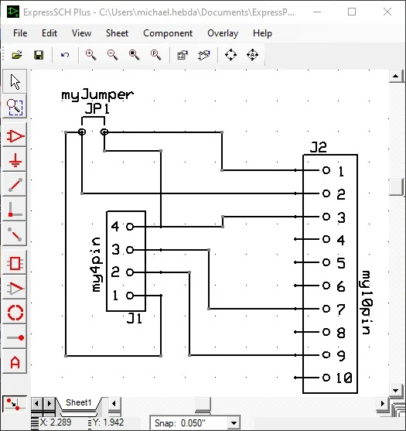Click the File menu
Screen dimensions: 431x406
tap(20, 33)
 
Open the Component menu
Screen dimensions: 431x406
tap(168, 33)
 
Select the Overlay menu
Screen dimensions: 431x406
tap(223, 33)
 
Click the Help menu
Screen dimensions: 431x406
tap(262, 33)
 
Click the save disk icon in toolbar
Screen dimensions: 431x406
tap(38, 55)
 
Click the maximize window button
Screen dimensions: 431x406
tap(352, 12)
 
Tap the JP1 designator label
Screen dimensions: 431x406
tap(97, 109)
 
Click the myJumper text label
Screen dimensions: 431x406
tap(97, 94)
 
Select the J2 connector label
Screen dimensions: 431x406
tap(319, 147)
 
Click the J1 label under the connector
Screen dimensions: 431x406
tap(135, 317)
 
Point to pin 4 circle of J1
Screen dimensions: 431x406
tap(129, 227)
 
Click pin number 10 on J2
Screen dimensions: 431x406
tap(344, 378)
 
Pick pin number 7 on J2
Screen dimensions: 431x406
tap(340, 309)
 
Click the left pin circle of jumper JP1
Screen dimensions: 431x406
tap(82, 132)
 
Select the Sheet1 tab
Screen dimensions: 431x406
tap(78, 403)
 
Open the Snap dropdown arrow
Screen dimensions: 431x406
tap(233, 423)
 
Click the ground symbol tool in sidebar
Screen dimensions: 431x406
tap(15, 161)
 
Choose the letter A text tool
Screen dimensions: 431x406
tap(15, 362)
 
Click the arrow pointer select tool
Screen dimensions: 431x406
tap(15, 81)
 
